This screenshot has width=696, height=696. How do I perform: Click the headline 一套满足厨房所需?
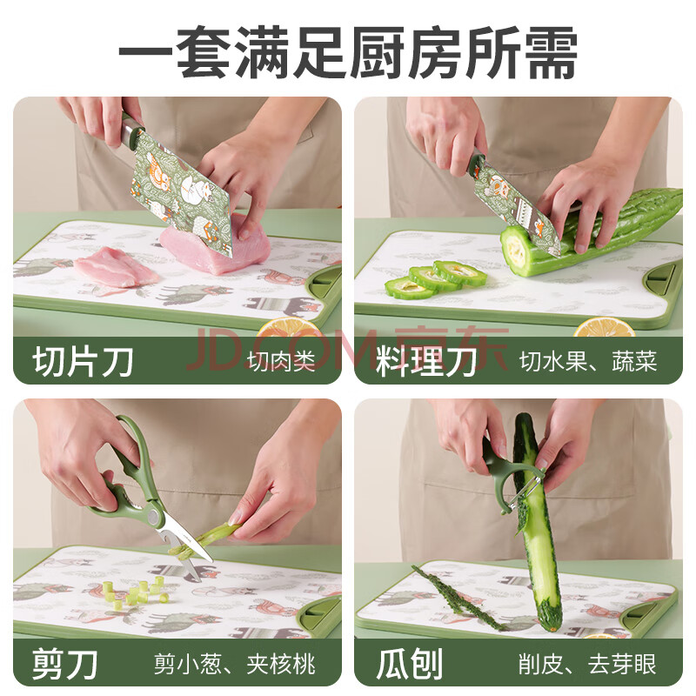(x=348, y=52)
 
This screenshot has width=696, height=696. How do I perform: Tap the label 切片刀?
(x=83, y=361)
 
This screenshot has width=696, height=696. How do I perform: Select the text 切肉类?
(x=281, y=361)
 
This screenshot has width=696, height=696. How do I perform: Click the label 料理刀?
(x=426, y=361)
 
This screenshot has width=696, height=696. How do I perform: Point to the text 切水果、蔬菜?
(x=588, y=361)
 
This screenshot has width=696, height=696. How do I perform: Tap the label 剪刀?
(x=64, y=664)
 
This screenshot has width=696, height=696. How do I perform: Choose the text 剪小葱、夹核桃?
(x=235, y=664)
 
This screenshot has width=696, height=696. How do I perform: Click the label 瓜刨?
(x=409, y=664)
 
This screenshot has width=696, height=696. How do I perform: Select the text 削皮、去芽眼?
(x=587, y=664)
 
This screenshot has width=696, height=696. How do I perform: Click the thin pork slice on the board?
(x=116, y=267)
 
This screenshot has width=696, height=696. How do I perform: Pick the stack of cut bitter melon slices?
(x=435, y=279)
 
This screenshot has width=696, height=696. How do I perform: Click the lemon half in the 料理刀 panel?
(x=604, y=328)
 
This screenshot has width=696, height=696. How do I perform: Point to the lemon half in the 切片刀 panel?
(x=289, y=328)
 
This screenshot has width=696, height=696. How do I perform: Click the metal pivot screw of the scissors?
(x=154, y=515)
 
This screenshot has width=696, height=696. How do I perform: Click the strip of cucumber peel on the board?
(x=459, y=597)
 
